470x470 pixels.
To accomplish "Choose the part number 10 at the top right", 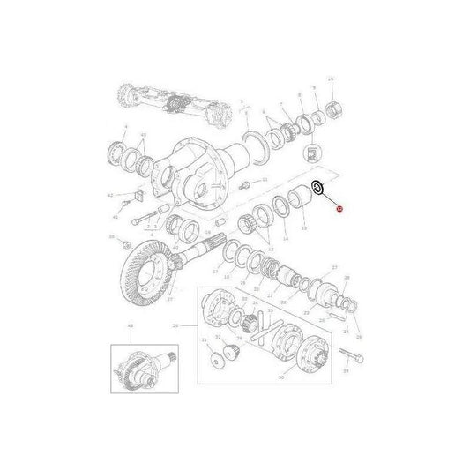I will pos(330,80).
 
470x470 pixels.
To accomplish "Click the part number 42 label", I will pos(108,195).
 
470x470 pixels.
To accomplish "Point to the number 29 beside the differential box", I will pos(175,326).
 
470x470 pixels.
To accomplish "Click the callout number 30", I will pos(281,377).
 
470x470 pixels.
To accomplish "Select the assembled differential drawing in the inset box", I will pos(142,364).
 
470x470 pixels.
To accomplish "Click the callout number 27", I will pos(334,267).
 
